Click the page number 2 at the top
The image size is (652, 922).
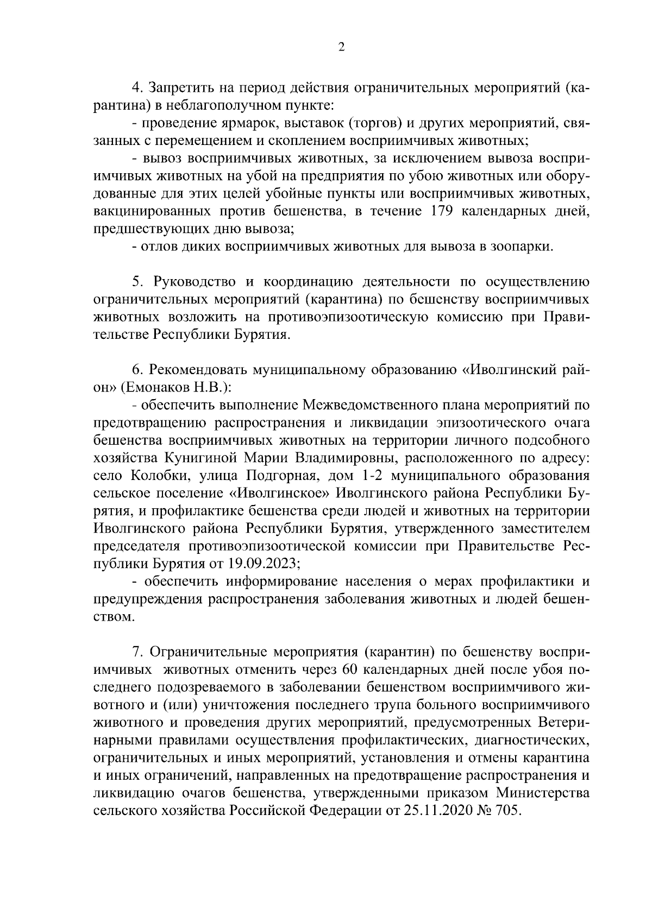point(341,47)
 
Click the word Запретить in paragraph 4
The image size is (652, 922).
point(181,88)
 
